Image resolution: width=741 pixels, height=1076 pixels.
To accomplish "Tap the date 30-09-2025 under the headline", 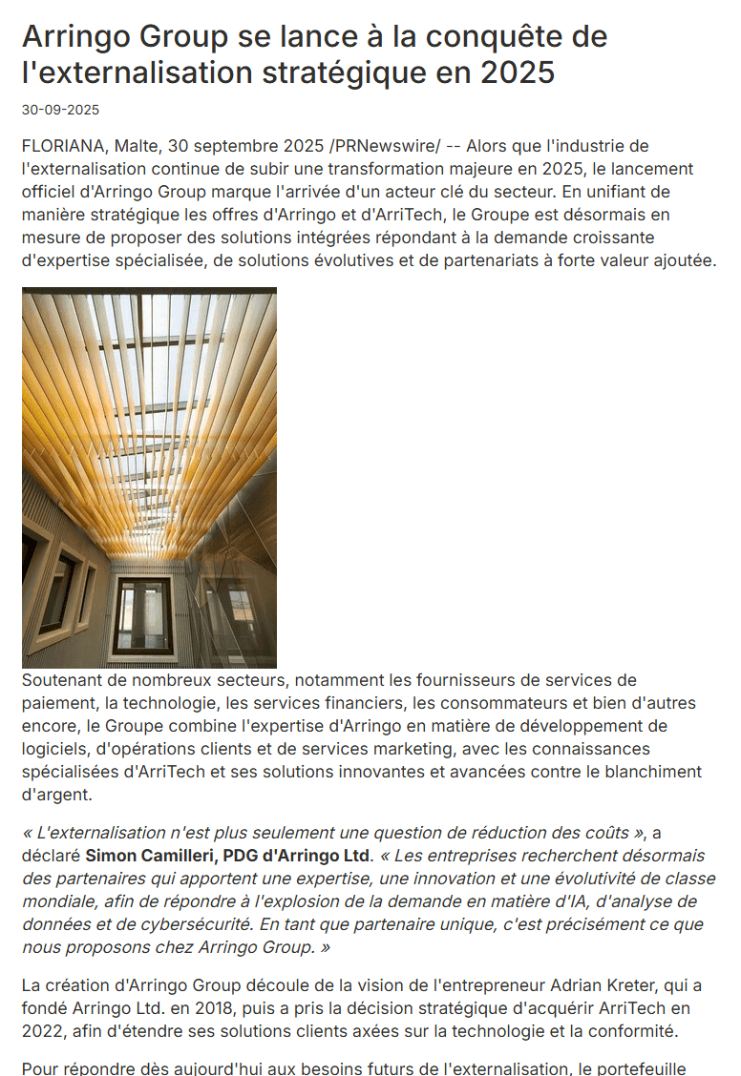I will (60, 110).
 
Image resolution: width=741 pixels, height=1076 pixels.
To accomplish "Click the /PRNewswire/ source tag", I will (385, 146).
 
